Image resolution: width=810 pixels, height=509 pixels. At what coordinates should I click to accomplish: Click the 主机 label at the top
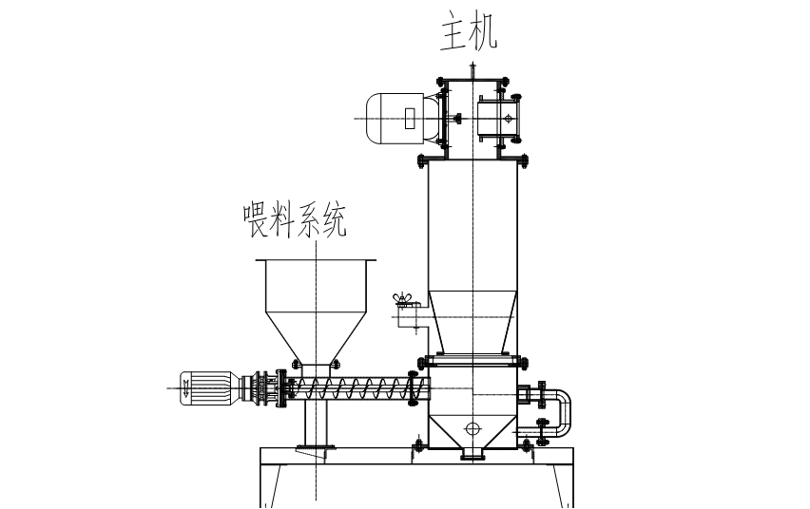coord(468,31)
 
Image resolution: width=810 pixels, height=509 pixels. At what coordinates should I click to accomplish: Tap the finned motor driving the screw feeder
coord(210,388)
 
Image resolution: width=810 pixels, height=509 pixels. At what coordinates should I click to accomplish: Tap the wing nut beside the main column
coord(403,300)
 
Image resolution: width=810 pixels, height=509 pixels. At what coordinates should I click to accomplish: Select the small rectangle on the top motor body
coord(410,118)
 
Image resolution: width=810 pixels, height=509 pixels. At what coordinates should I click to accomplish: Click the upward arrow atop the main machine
coord(472,66)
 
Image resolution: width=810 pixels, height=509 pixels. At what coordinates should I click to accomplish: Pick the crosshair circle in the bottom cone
coord(471,428)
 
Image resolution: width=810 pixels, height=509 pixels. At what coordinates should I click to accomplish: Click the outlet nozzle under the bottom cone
coord(472,454)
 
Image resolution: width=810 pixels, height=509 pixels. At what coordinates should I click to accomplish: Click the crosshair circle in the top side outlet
coord(509,118)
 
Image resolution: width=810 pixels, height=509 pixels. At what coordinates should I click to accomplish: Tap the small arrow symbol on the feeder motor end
coord(186,386)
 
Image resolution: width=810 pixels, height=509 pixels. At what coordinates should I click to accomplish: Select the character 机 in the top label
coord(484,31)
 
